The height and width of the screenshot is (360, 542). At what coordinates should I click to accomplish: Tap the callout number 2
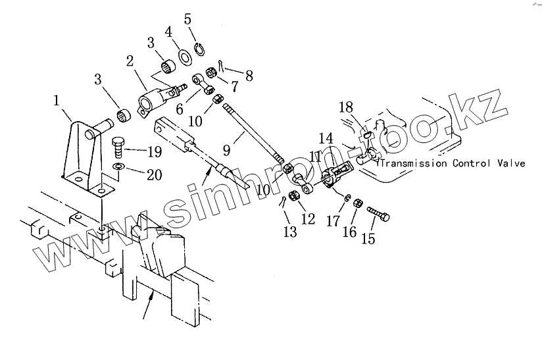point(130,63)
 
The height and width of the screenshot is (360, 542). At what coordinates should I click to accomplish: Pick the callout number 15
point(368,239)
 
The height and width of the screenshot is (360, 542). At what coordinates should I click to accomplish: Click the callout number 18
point(347,107)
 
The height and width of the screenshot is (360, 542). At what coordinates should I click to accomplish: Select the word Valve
point(512,163)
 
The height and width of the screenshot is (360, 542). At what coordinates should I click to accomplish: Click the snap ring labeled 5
point(199,49)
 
